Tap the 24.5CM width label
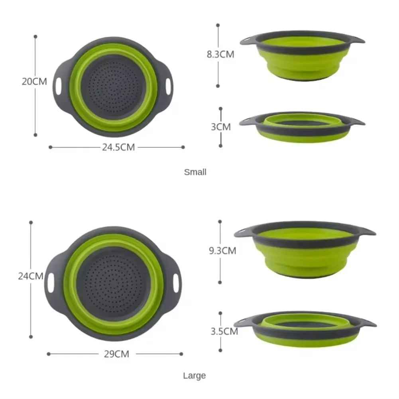tap(118, 147)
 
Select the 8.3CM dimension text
tap(220, 55)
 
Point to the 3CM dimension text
tap(220, 127)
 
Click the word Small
tap(195, 172)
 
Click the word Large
tap(195, 375)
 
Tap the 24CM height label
tap(30, 276)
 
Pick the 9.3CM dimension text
tap(222, 251)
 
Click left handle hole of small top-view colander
tap(59, 85)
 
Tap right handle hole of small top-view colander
tap(169, 85)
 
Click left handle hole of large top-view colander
tap(51, 282)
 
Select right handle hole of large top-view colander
tap(175, 282)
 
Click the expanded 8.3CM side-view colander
tap(303, 58)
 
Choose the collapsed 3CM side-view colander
tap(303, 128)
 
